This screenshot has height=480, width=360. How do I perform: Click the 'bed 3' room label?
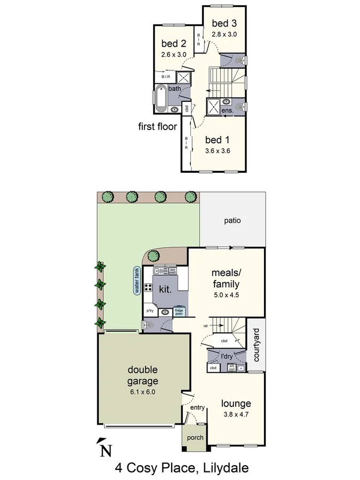click(x=224, y=23)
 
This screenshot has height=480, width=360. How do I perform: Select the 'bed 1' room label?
click(x=217, y=140)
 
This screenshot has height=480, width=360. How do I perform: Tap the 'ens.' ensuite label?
click(x=227, y=110)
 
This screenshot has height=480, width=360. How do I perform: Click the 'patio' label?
click(x=233, y=220)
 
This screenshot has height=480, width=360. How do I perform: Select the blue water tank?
click(x=137, y=281)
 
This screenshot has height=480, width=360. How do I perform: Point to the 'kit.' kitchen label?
click(x=165, y=289)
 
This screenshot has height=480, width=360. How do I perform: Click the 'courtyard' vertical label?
click(x=256, y=345)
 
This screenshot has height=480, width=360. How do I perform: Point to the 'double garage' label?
click(x=143, y=375)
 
